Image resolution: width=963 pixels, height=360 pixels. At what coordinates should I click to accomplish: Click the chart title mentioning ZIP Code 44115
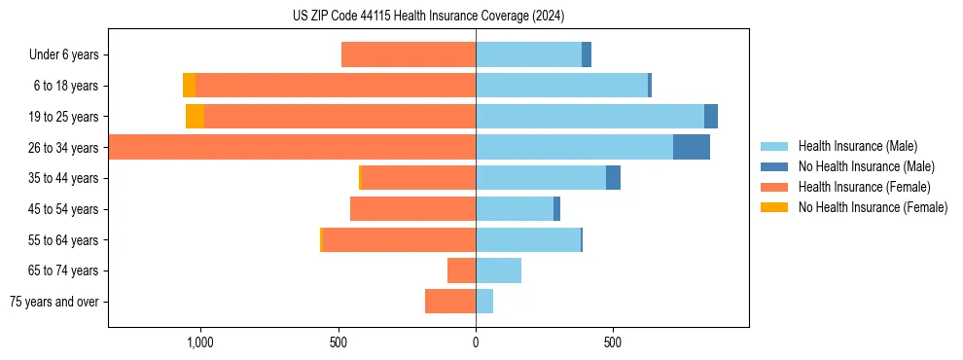[428, 16]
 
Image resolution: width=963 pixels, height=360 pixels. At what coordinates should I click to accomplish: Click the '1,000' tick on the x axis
[199, 342]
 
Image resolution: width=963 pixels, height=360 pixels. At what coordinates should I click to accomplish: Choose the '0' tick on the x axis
[476, 342]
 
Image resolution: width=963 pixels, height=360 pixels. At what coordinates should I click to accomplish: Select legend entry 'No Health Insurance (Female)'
[873, 207]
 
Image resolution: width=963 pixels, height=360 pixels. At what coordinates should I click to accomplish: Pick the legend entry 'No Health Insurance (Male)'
[866, 166]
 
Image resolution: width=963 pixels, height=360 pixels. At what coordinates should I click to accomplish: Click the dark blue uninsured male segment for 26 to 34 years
[692, 147]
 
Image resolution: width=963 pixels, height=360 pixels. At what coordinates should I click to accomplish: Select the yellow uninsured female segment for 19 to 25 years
[195, 117]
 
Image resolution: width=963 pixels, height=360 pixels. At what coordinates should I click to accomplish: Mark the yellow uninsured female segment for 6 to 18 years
[189, 86]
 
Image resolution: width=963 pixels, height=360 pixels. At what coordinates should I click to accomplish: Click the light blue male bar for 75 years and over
[484, 302]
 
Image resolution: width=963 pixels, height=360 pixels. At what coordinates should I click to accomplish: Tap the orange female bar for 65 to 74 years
[461, 270]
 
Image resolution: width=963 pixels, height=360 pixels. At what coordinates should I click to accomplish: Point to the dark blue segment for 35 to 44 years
[613, 178]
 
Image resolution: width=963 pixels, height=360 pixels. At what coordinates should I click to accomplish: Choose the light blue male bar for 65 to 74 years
[498, 270]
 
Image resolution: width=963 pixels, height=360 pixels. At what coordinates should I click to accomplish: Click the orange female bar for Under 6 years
[409, 54]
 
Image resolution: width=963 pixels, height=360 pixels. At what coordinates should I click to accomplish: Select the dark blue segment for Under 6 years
[587, 54]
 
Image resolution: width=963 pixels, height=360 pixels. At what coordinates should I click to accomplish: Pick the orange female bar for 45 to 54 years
[412, 209]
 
